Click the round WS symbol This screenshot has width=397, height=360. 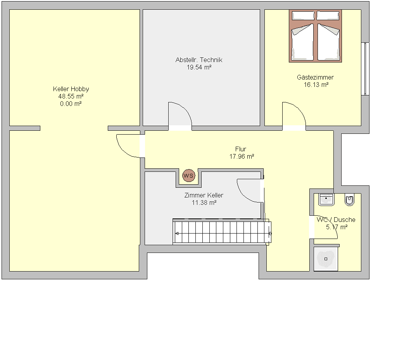pos(189,176)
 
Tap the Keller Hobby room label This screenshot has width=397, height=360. pos(71,89)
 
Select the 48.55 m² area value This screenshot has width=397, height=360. pos(71,96)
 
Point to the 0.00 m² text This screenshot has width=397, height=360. pos(71,104)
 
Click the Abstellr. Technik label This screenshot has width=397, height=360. pos(199,60)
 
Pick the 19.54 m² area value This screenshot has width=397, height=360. pos(199,67)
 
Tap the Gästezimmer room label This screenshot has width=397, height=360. pos(316,77)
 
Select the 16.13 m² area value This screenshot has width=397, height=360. pos(316,85)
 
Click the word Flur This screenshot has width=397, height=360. pos(240,149)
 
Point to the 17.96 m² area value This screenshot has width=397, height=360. pos(242,157)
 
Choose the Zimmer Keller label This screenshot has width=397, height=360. pos(204,196)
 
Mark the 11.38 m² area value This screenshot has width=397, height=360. pos(204,202)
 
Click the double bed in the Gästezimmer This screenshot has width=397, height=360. pos(316,36)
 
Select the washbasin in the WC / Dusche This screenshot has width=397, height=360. pos(326,199)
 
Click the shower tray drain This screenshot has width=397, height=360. pos(326,259)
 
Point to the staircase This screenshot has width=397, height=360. pos(222,232)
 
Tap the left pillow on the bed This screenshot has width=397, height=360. pos(303,16)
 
